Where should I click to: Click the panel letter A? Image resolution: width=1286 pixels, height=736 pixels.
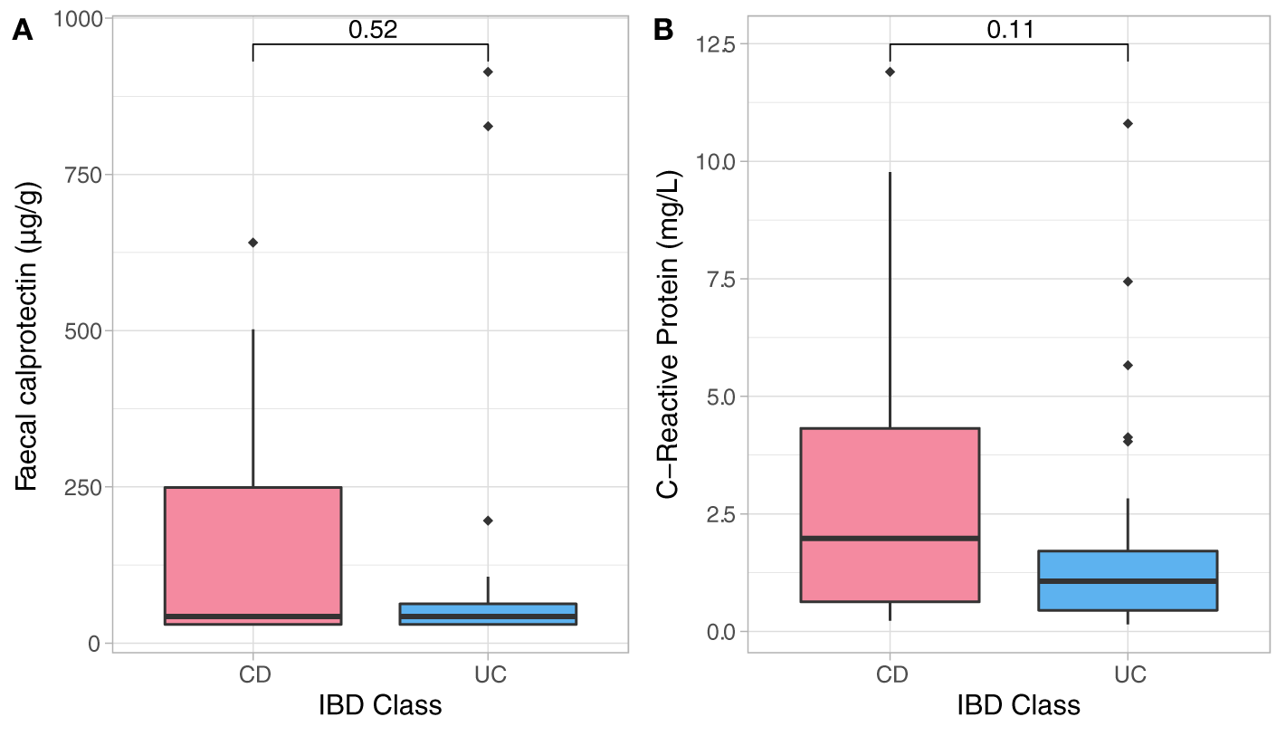click(x=23, y=31)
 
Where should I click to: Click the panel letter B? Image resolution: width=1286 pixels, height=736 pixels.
click(x=662, y=31)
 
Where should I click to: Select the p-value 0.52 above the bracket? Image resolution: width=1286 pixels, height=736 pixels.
click(x=372, y=30)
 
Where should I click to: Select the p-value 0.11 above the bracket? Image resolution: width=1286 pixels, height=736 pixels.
click(x=1010, y=30)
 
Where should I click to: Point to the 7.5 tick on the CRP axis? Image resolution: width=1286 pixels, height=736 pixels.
click(x=720, y=279)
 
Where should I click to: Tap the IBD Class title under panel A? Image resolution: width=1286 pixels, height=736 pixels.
click(x=380, y=705)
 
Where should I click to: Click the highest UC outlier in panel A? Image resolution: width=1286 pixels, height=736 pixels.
click(x=488, y=72)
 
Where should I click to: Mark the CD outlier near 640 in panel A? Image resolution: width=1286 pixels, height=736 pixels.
click(x=253, y=243)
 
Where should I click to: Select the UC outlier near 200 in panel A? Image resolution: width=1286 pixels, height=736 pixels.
click(x=488, y=521)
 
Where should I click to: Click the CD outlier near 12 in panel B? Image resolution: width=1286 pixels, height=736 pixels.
click(x=891, y=72)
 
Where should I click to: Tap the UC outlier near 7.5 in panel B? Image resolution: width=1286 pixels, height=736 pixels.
click(x=1128, y=282)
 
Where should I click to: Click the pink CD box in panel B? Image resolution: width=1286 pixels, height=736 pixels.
click(x=891, y=480)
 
